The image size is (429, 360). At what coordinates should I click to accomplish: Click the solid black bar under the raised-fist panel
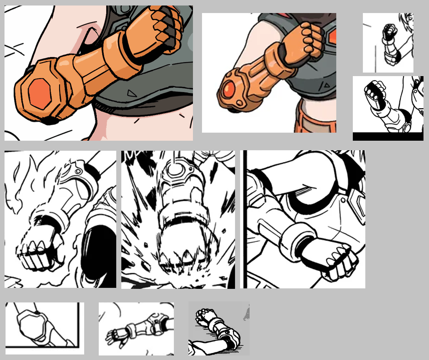[x=387, y=136]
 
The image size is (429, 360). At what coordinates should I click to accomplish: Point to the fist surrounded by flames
[x=37, y=250]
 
